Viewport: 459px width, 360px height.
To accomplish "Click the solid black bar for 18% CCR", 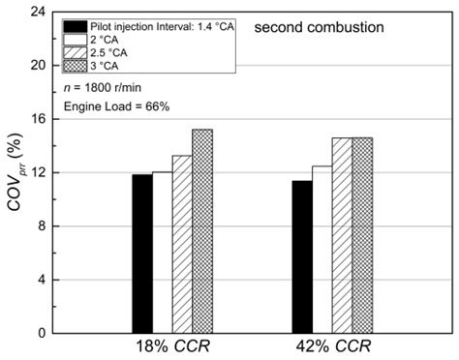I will (x=142, y=254).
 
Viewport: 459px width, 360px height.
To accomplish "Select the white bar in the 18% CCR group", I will (x=163, y=253).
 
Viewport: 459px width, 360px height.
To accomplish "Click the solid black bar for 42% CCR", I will (x=302, y=256).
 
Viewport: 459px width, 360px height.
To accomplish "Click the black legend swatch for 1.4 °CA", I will (x=74, y=25).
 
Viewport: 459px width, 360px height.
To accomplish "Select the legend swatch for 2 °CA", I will (x=74, y=39).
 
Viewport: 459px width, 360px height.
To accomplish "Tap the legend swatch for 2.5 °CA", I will (x=74, y=52).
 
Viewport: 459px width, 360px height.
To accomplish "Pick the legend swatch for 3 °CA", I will (x=74, y=66).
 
